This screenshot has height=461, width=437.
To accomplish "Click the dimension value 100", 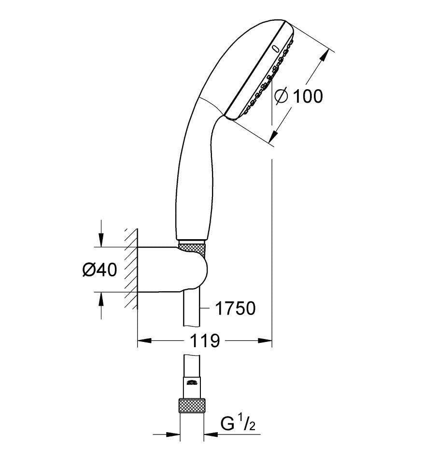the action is (x=308, y=96).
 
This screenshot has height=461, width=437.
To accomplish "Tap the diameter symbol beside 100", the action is (x=281, y=96).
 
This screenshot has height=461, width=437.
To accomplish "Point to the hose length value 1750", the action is (x=236, y=309).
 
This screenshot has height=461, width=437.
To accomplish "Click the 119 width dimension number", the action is (x=205, y=340).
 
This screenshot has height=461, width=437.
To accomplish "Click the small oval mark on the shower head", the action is (x=276, y=49).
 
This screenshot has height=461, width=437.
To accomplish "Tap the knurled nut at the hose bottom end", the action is (x=192, y=406).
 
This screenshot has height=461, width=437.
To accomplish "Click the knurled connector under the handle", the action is (x=192, y=247).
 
